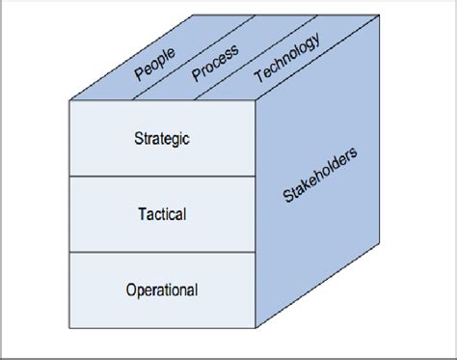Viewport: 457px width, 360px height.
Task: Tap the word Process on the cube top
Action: [215, 65]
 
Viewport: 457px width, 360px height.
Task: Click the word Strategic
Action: [162, 138]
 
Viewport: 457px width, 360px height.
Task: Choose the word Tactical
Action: [162, 212]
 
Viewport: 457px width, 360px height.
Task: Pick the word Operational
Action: [162, 289]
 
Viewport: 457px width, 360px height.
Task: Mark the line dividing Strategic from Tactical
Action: [162, 176]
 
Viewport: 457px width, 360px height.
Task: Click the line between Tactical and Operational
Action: [162, 252]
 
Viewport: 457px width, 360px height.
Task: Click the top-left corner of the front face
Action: [70, 100]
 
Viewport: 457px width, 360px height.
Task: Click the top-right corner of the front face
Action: [255, 100]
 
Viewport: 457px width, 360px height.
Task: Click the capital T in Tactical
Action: [141, 212]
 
